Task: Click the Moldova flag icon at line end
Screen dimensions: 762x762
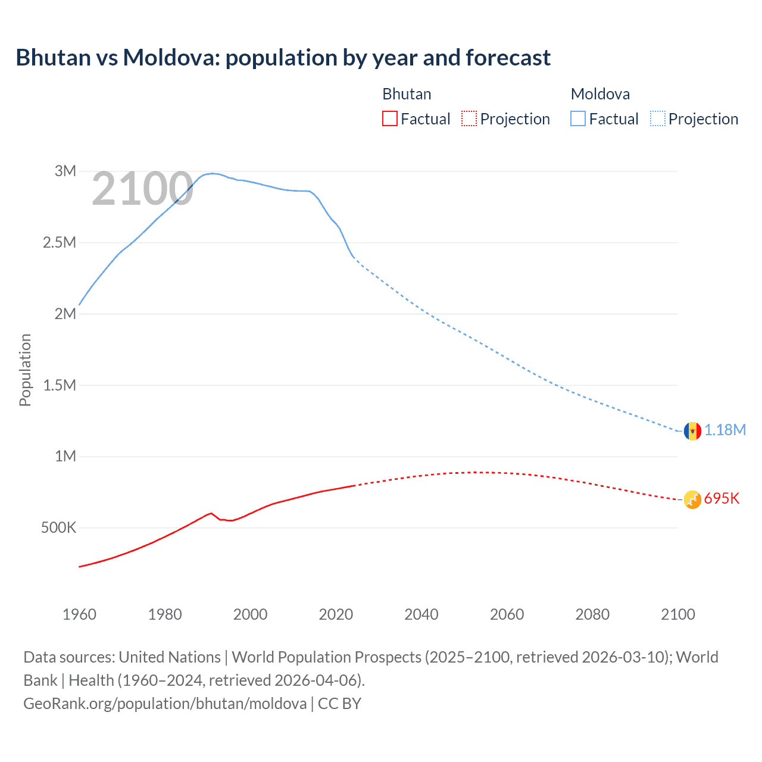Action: coord(692,430)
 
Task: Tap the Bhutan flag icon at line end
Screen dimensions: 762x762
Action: coord(692,499)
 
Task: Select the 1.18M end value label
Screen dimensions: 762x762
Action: coord(725,430)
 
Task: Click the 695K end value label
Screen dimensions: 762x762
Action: coord(722,499)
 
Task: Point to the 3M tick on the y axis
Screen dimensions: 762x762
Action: coord(65,171)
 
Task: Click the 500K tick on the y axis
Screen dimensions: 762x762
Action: coord(58,528)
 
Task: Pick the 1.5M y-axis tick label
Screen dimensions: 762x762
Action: coord(60,385)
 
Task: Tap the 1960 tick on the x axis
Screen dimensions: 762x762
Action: coord(79,614)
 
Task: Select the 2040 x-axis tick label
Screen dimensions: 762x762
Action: coord(421,614)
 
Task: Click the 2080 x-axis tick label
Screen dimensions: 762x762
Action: coord(592,614)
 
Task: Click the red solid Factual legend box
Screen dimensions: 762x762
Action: coord(389,119)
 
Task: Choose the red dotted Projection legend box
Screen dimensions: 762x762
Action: coord(469,119)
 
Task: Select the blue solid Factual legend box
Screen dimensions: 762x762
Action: coord(578,119)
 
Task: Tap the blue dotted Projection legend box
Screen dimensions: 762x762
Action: coord(658,119)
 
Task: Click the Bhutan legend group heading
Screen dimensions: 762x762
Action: coord(407,94)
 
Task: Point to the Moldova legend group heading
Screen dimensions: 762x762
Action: coord(600,94)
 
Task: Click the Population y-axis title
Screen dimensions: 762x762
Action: coord(25,370)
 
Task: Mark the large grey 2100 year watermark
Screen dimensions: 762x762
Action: coord(142,189)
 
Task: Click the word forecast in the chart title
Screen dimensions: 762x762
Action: coord(508,58)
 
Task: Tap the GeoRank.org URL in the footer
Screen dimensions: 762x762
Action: coord(165,704)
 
